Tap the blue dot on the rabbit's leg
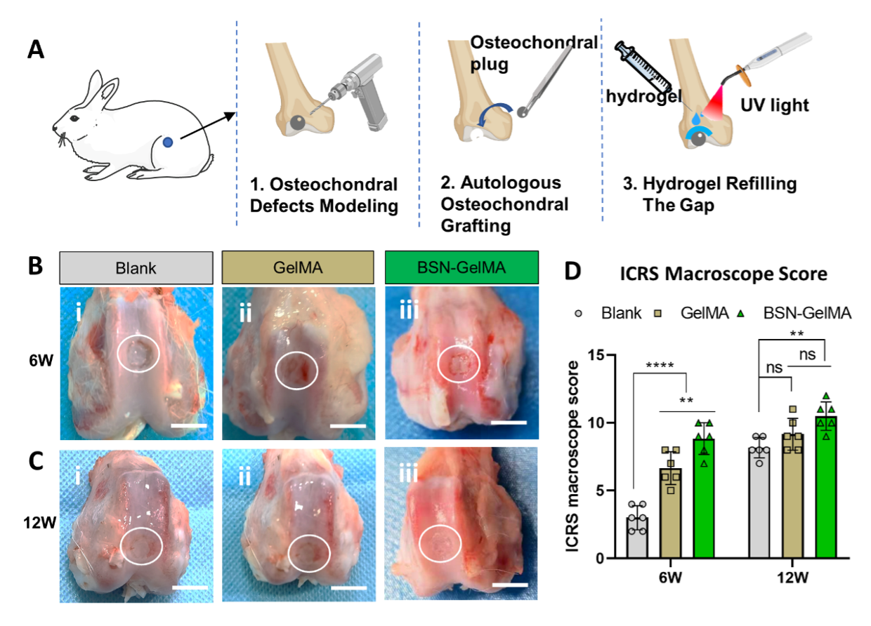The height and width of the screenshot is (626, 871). coord(168,142)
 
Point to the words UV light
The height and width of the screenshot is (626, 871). coord(775,106)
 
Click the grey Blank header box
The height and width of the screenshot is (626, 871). coord(136,268)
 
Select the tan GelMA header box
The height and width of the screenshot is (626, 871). coord(298,268)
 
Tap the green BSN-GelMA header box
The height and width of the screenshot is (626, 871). coord(461,268)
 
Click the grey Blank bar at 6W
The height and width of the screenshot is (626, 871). coord(638,538)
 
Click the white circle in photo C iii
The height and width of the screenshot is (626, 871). coord(440,543)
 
